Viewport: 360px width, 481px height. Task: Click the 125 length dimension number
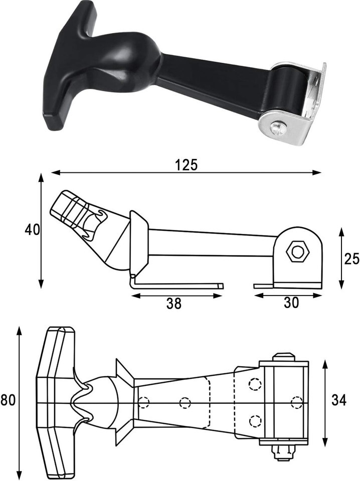coord(187,165)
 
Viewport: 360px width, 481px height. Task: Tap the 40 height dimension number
coord(32,229)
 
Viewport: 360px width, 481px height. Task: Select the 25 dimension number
coord(351,259)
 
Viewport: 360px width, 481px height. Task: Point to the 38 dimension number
coord(174,304)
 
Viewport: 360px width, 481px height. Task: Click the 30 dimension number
coord(291,303)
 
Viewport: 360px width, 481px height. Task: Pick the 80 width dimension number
coord(8,400)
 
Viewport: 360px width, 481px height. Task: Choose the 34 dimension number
coord(339,400)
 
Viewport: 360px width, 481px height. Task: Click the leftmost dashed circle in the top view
coord(143,402)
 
